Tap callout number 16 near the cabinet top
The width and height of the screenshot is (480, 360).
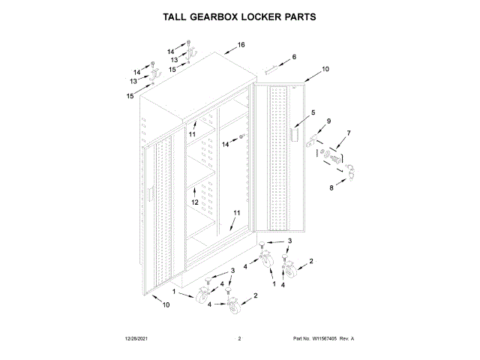click(241, 46)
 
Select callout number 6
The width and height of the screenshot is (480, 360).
click(294, 57)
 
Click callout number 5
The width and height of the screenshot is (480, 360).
click(302, 112)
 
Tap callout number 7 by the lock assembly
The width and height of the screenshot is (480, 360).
click(347, 133)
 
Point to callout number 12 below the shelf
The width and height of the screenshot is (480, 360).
click(194, 202)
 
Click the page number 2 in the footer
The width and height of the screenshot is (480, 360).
click(238, 339)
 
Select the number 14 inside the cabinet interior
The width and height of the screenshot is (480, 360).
click(225, 144)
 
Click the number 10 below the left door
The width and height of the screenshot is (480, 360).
click(165, 304)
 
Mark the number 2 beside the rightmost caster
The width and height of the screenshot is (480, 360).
click(310, 261)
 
